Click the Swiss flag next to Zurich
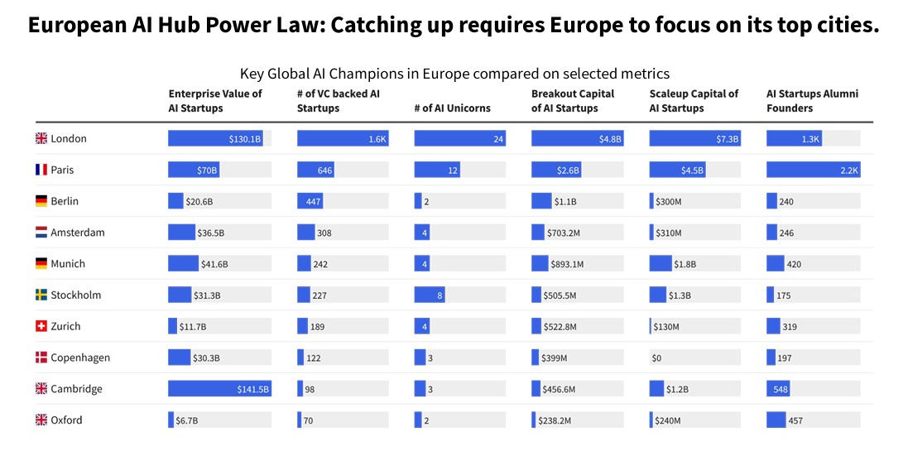click(41, 327)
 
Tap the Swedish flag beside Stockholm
click(41, 295)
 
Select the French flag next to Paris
click(41, 170)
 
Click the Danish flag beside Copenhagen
click(41, 358)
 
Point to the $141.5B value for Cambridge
click(253, 390)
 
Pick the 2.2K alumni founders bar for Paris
click(813, 170)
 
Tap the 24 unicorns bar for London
click(459, 139)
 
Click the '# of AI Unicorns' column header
click(452, 108)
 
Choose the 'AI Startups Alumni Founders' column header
click(812, 101)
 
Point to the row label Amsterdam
click(78, 233)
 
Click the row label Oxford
click(66, 420)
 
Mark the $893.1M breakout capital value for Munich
click(567, 264)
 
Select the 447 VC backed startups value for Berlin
click(310, 202)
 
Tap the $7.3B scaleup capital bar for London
click(694, 139)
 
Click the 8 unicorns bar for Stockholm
click(430, 295)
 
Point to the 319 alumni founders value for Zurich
click(790, 327)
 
